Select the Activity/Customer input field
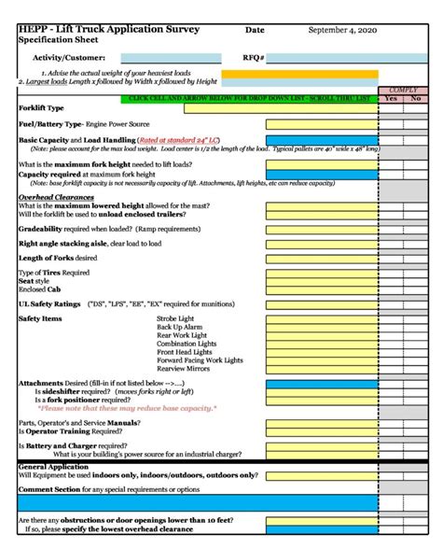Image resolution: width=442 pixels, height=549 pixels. coord(171,58)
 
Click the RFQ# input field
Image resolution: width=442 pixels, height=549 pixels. coord(323,58)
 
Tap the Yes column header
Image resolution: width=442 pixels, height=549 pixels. coord(391,97)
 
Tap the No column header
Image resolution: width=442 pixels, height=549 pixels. coord(415,97)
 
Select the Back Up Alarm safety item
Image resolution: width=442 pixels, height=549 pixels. coord(181,328)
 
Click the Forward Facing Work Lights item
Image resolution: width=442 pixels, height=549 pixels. coord(200,360)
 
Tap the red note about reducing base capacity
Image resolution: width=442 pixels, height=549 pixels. coord(127,408)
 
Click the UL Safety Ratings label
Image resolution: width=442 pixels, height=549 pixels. coord(47,304)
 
